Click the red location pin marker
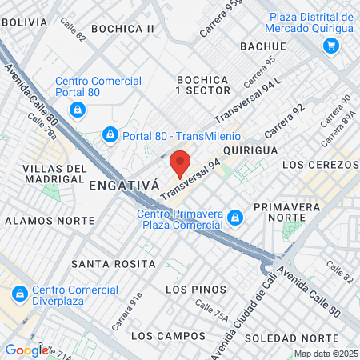coord(181,163)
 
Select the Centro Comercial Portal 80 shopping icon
coord(77,110)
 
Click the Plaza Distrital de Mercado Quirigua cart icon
coord(330,46)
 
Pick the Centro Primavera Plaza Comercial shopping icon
coord(234,217)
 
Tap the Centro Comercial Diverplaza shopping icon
coord(20,294)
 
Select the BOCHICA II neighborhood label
coord(122,29)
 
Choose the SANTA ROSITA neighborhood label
coord(113,263)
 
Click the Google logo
coord(26,350)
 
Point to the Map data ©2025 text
coord(325,354)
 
